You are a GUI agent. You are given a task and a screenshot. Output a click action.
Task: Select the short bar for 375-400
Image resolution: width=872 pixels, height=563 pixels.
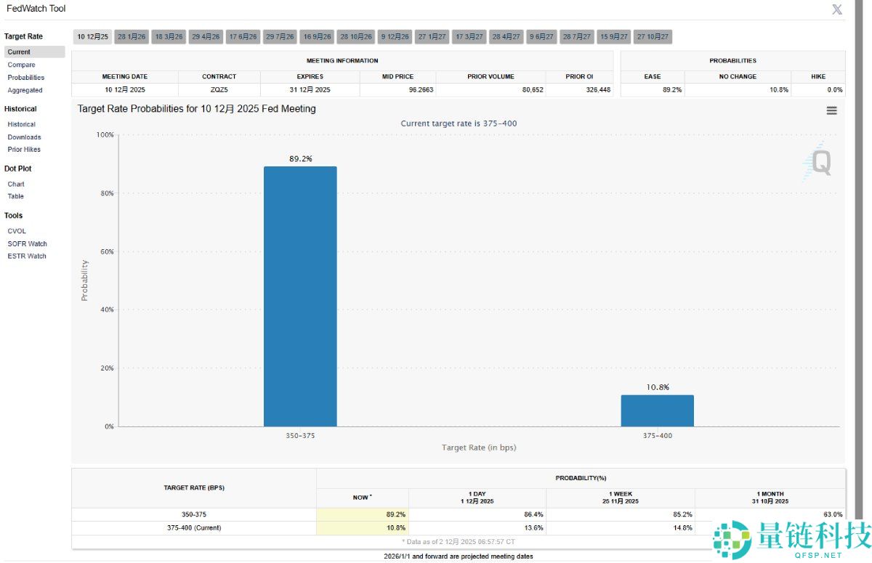(657, 410)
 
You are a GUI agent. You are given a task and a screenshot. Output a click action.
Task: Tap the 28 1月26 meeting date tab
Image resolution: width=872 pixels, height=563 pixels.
(132, 37)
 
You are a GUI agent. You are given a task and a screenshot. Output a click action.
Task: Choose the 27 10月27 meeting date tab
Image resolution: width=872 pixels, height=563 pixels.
(653, 37)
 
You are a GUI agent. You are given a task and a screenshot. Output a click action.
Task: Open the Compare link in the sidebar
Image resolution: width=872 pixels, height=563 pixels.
(21, 65)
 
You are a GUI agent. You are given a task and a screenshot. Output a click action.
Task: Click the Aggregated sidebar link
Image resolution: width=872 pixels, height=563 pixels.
(25, 90)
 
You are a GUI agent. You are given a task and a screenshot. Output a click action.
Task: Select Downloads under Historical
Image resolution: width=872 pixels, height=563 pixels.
(24, 137)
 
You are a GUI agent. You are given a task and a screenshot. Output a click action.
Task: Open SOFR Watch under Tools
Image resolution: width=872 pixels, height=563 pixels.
(27, 243)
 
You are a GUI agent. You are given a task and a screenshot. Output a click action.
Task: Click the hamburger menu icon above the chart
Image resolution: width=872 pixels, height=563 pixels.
(831, 110)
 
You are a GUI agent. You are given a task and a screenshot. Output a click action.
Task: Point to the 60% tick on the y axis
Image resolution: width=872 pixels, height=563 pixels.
(106, 251)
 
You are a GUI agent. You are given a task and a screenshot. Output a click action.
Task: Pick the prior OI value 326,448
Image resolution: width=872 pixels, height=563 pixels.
(596, 90)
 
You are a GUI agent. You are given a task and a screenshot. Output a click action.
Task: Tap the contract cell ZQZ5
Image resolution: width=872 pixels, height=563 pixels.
(218, 90)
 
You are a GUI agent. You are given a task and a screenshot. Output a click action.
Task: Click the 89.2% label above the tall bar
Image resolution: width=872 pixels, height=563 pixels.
(300, 158)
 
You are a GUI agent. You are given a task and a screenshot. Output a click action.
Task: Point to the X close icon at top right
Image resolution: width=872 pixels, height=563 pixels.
(837, 9)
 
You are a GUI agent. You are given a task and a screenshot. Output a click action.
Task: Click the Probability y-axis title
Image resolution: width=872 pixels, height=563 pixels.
(84, 280)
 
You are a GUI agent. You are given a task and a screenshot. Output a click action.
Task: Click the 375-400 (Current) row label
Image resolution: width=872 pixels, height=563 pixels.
(194, 527)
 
